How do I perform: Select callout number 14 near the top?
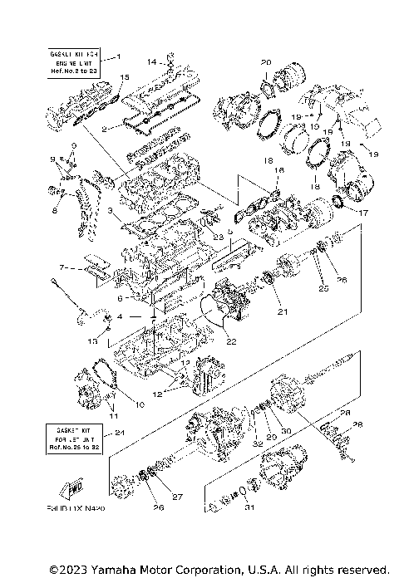151,61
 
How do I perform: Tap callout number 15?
124,77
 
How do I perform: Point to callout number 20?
266,62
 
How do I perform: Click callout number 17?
363,213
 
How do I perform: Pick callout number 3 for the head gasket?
109,211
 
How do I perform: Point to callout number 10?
140,404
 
